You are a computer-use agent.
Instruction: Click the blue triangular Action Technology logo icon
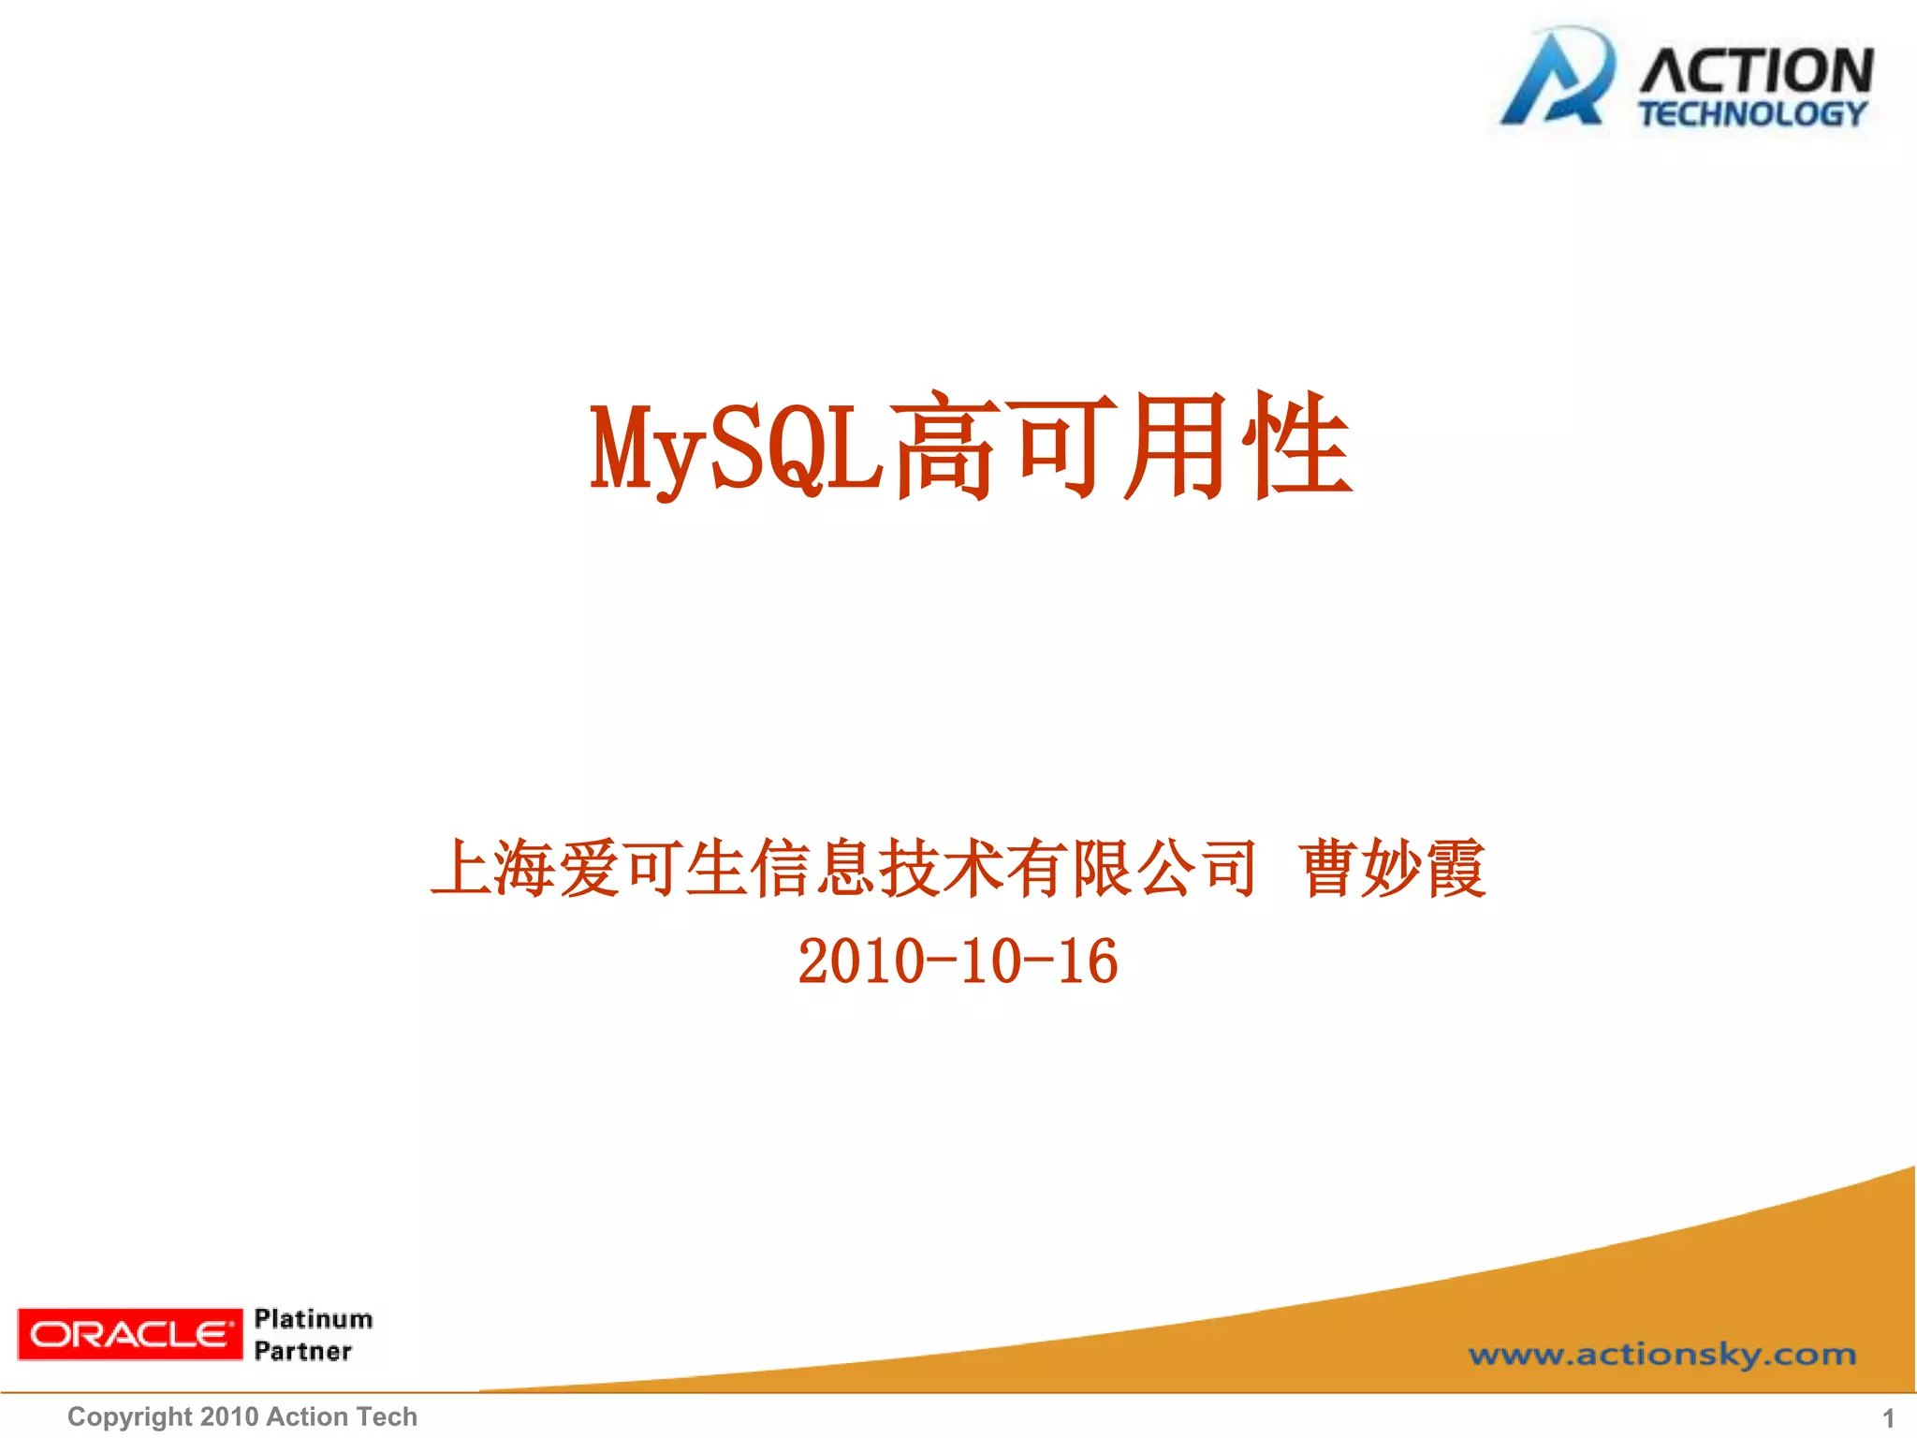pyautogui.click(x=1556, y=80)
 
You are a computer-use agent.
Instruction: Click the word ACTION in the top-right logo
pyautogui.click(x=1756, y=71)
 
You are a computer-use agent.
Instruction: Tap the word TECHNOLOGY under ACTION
pyautogui.click(x=1752, y=114)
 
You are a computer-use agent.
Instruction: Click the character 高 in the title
pyautogui.click(x=944, y=448)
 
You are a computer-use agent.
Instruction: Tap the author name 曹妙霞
pyautogui.click(x=1392, y=869)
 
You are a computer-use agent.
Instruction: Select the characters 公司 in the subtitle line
pyautogui.click(x=1198, y=869)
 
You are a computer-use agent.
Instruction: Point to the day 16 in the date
pyautogui.click(x=1088, y=961)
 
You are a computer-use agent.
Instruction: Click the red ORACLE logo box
pyautogui.click(x=130, y=1334)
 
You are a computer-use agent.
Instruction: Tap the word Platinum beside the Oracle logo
pyautogui.click(x=314, y=1319)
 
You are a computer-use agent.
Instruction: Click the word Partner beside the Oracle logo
pyautogui.click(x=303, y=1351)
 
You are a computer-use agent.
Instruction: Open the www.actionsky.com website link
pyautogui.click(x=1661, y=1355)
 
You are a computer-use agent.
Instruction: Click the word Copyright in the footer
pyautogui.click(x=129, y=1417)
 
